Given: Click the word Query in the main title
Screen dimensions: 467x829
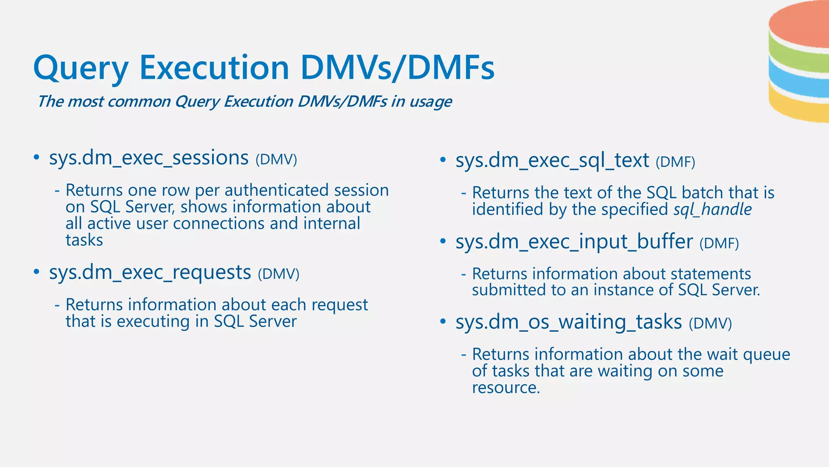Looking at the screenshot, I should (x=81, y=68).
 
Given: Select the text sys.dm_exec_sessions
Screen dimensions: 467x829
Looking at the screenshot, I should (x=149, y=158).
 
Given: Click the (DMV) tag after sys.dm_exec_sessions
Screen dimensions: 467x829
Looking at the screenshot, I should (x=276, y=160).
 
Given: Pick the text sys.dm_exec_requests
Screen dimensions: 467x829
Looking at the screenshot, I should (x=150, y=272).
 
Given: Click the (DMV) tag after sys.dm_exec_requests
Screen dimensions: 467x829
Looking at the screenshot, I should (x=278, y=274).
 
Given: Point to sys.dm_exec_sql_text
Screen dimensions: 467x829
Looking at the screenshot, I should (x=552, y=161).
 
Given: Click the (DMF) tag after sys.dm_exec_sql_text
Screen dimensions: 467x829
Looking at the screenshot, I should (x=675, y=162).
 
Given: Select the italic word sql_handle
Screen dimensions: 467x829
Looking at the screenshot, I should (x=712, y=210).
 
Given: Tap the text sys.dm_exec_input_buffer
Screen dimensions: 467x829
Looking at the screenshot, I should (x=574, y=242).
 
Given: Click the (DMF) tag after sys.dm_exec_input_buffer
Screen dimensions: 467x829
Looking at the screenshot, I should (x=719, y=243).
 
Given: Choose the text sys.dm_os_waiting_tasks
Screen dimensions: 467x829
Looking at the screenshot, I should (x=569, y=322).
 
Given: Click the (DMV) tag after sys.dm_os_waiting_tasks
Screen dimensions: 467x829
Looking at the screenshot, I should (x=710, y=323).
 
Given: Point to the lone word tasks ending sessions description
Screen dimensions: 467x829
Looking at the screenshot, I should (x=84, y=240).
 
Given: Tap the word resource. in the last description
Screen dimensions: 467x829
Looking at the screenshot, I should (x=506, y=388).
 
